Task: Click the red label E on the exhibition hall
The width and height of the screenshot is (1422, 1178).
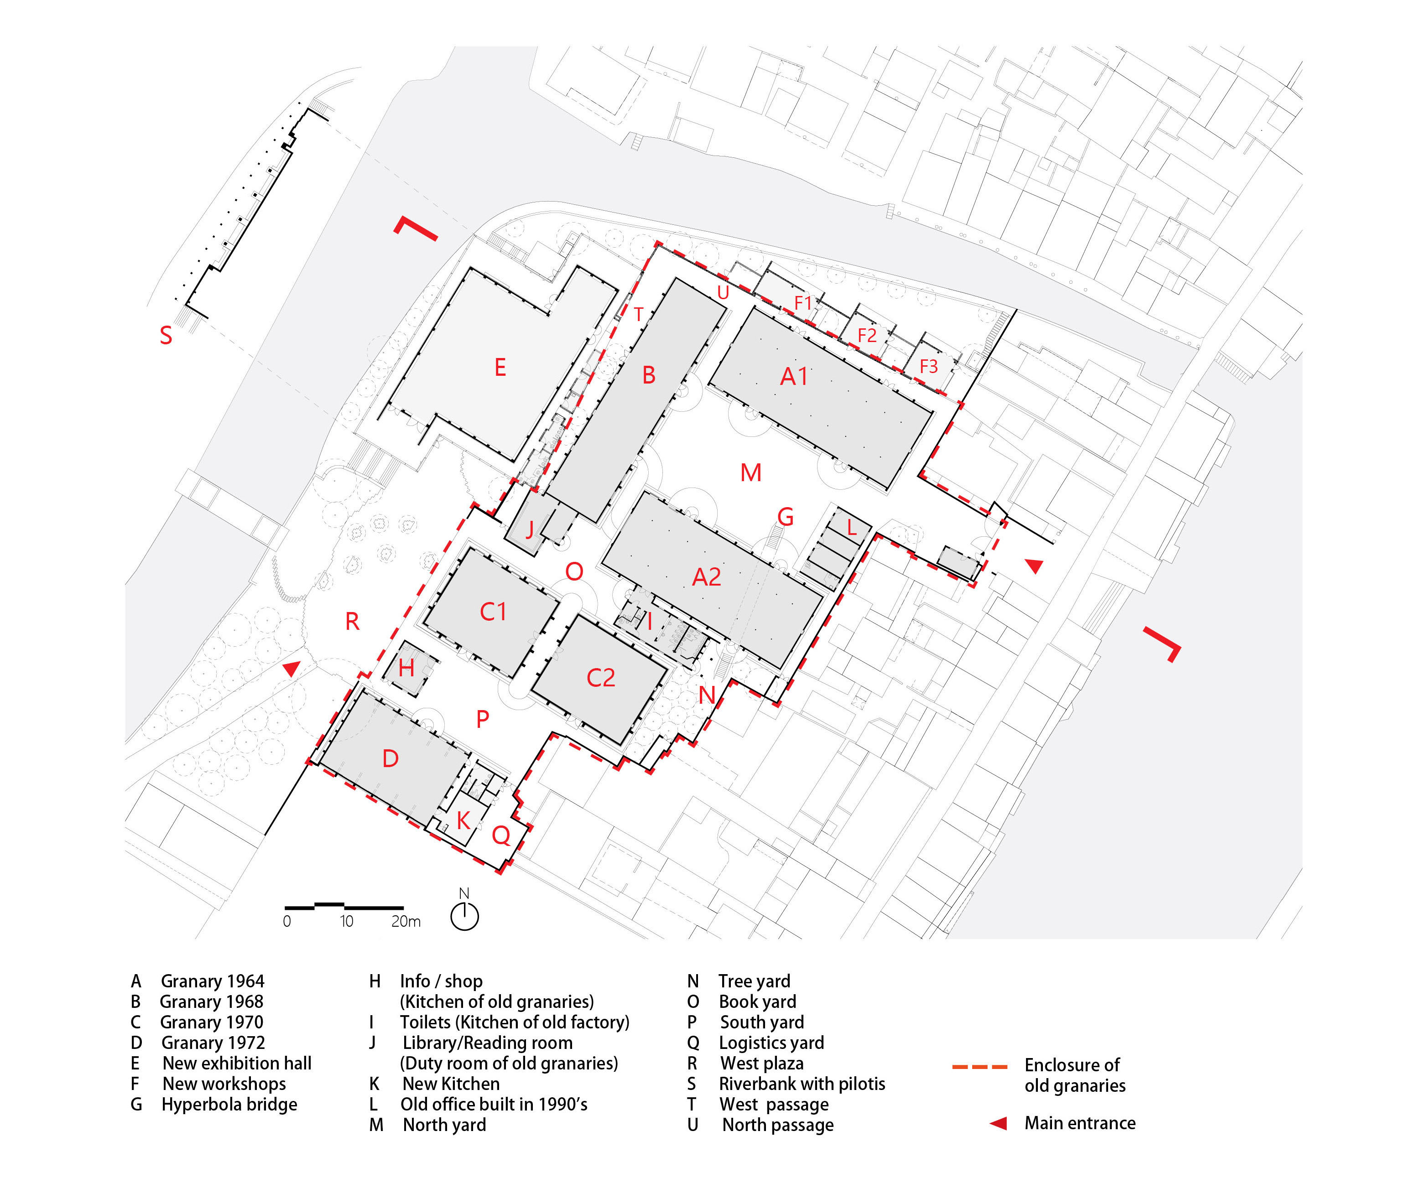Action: [x=500, y=368]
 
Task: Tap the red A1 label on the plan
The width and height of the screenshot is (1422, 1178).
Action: [x=794, y=376]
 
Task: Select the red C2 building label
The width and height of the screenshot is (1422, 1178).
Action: [x=601, y=678]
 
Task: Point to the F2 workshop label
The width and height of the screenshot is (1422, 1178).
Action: [x=867, y=335]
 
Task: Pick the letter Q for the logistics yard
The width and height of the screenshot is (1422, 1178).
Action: [x=501, y=836]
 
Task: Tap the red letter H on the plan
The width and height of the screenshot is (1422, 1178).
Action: [x=406, y=668]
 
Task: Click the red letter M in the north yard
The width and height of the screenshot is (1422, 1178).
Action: [x=751, y=472]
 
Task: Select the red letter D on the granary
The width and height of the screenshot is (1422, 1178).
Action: [x=390, y=759]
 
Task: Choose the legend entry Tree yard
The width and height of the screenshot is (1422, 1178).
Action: [x=754, y=981]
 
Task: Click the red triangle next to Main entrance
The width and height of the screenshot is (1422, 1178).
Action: [x=998, y=1123]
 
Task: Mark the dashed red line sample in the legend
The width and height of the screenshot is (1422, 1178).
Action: [x=979, y=1067]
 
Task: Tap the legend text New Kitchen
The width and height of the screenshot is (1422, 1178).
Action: [x=451, y=1084]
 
